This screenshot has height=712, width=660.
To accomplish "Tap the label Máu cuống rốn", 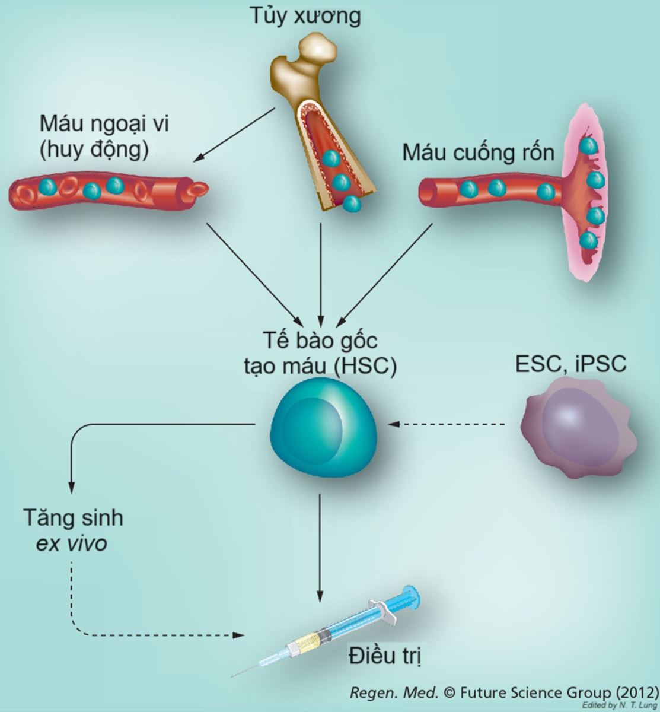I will [x=479, y=152].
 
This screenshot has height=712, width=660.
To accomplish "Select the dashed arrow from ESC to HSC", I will [x=448, y=424].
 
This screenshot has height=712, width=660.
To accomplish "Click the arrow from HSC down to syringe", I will [x=321, y=546].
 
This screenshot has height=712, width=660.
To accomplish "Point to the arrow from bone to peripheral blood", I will [x=236, y=134].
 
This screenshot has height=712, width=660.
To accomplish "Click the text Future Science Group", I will [x=534, y=692].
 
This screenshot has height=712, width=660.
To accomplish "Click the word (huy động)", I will [x=94, y=151].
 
